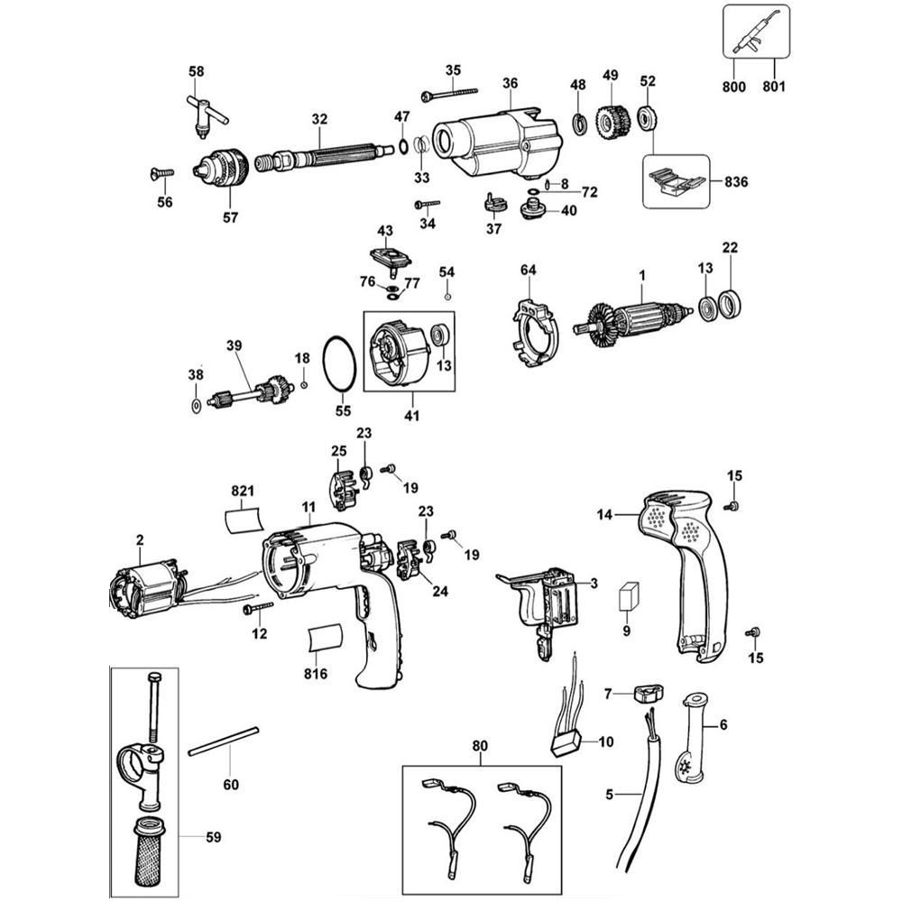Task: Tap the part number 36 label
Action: point(511,84)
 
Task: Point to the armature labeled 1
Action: point(635,321)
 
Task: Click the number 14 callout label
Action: point(603,514)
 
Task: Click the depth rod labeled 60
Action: point(224,739)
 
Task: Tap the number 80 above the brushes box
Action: point(479,746)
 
